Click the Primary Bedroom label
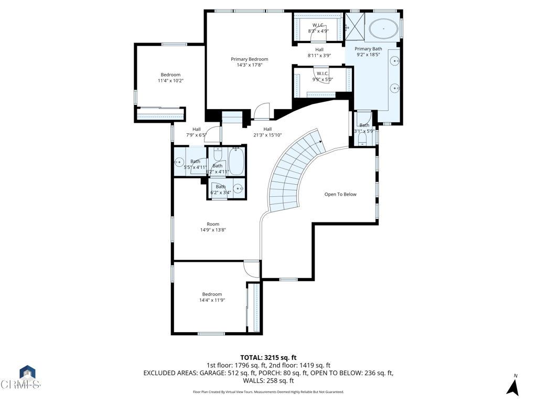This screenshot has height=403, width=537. tap(249, 59)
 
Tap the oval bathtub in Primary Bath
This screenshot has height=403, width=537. tap(383, 29)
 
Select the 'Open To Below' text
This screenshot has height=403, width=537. tap(340, 194)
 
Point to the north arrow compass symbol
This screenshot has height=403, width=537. tap(513, 386)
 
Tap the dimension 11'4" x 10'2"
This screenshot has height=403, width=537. tap(170, 81)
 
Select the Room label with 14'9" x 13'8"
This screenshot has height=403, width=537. tap(212, 224)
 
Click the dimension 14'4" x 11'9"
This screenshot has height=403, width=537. tap(212, 300)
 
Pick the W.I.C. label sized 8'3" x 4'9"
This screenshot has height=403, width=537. tap(318, 25)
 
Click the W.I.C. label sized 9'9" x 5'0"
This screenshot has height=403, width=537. tap(322, 73)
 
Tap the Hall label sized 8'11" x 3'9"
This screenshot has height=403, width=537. tap(319, 50)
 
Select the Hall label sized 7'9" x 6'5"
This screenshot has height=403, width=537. tap(196, 129)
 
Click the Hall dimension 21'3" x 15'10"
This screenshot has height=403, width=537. tap(267, 135)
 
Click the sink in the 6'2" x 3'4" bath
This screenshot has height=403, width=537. tap(239, 188)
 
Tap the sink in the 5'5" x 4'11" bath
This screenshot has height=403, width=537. tap(180, 163)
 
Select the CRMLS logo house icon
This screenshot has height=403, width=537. tap(27, 374)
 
